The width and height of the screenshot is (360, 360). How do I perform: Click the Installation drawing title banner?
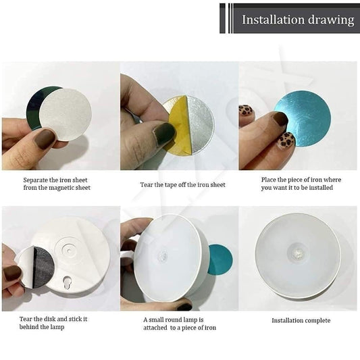[x=290, y=19]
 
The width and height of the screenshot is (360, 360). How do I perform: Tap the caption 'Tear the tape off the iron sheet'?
[x=183, y=184]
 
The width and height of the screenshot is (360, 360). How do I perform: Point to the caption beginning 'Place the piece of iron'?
[x=301, y=180]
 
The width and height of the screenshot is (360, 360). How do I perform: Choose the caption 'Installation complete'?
[x=298, y=319]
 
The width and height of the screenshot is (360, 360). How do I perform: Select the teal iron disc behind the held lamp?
[x=220, y=260]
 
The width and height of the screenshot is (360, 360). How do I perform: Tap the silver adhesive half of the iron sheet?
[x=200, y=122]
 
